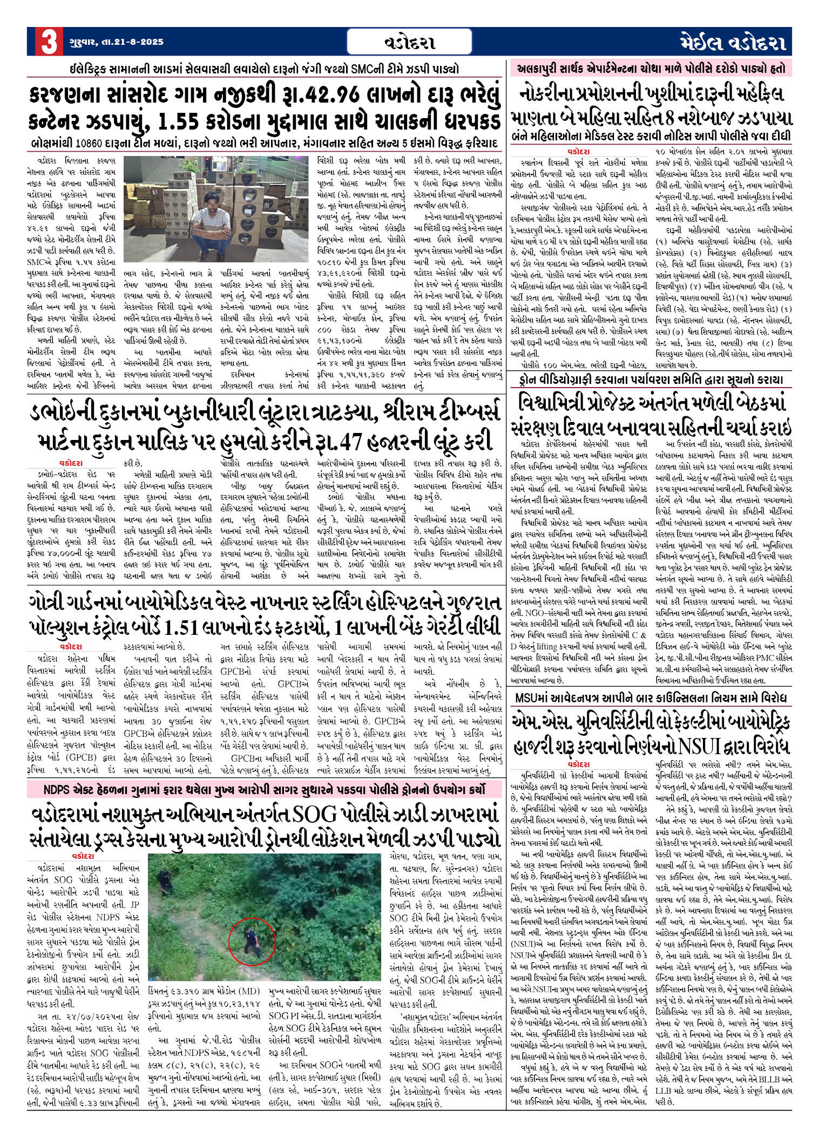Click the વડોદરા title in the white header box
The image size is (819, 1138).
(410, 42)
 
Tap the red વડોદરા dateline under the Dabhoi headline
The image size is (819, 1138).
(71, 463)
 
